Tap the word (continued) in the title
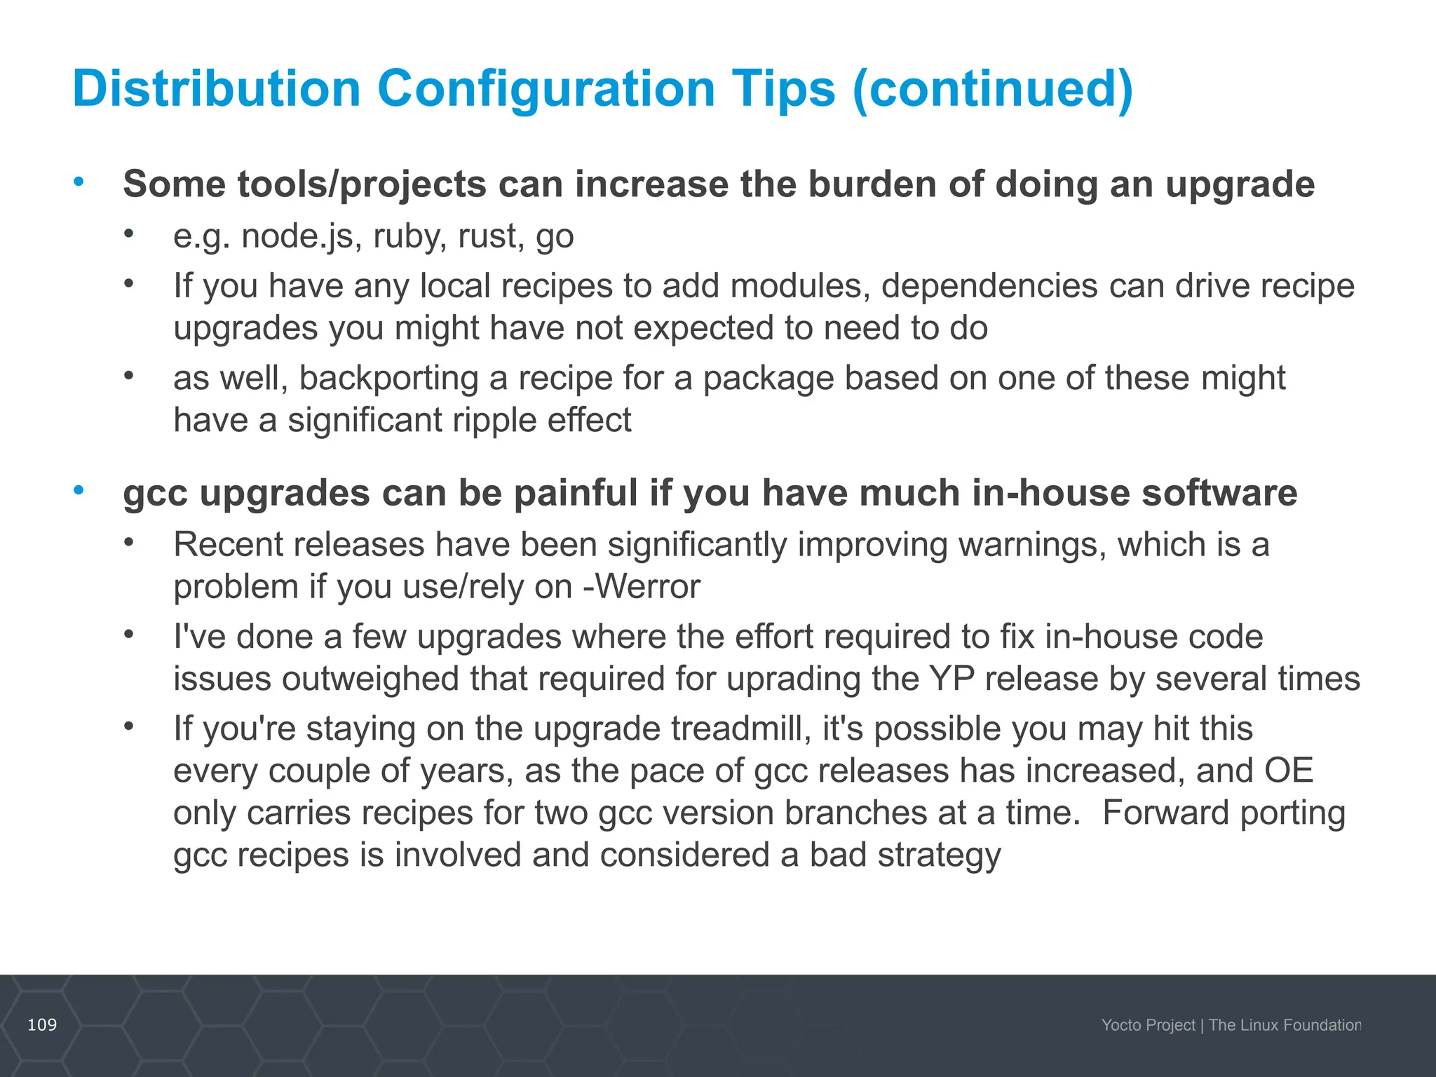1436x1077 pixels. tap(992, 89)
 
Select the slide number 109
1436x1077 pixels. tap(42, 1025)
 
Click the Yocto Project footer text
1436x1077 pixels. tap(1148, 1025)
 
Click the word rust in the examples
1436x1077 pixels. tap(491, 236)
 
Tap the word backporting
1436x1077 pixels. tap(389, 378)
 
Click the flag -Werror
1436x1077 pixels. tap(642, 587)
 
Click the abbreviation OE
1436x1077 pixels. tap(1288, 771)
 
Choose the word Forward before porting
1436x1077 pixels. tap(1165, 813)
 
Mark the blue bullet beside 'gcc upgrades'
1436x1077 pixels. tap(79, 490)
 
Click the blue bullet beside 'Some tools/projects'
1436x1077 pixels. tap(79, 182)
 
